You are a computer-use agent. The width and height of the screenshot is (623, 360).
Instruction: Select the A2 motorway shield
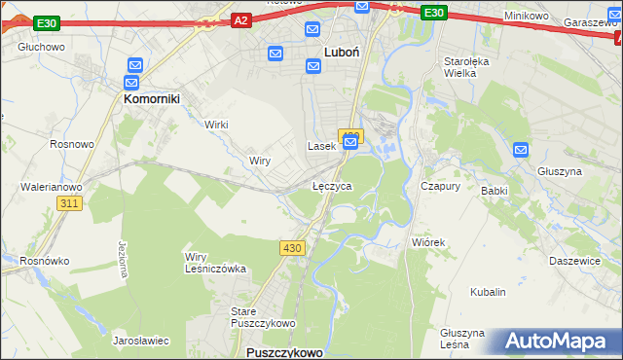click(x=242, y=19)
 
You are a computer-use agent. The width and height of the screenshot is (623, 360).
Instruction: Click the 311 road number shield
click(x=68, y=203)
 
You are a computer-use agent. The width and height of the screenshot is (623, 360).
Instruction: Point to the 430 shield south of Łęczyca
click(x=294, y=248)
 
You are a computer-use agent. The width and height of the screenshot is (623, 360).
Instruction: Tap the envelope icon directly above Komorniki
click(x=133, y=65)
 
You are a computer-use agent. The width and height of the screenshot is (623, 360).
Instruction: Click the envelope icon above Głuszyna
click(x=521, y=150)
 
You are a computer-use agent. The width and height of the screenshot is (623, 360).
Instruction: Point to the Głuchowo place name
click(x=41, y=46)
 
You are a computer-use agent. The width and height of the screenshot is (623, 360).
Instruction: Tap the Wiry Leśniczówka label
click(x=215, y=263)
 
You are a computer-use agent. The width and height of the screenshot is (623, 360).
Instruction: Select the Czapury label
click(x=440, y=185)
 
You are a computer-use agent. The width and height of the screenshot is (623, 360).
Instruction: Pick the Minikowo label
click(x=529, y=17)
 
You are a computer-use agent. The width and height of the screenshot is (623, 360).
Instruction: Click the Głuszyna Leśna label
click(x=461, y=338)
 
